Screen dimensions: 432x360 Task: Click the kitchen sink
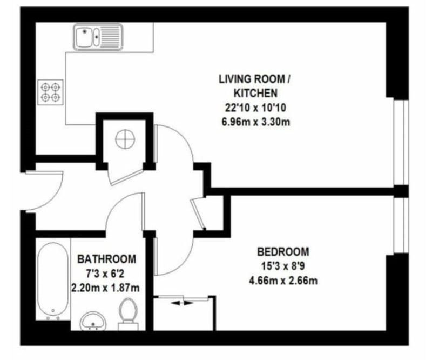pyautogui.click(x=98, y=37)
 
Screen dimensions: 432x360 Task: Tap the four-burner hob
pyautogui.click(x=50, y=92)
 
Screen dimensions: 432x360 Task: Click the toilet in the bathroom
pyautogui.click(x=128, y=314)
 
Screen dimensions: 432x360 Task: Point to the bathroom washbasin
pyautogui.click(x=93, y=321)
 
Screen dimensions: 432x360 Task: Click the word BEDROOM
pyautogui.click(x=283, y=252)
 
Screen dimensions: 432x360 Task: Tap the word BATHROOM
pyautogui.click(x=106, y=259)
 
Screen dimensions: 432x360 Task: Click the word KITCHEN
pyautogui.click(x=255, y=93)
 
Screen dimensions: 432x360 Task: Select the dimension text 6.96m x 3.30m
pyautogui.click(x=256, y=122)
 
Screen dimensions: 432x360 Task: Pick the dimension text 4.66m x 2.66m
pyautogui.click(x=283, y=281)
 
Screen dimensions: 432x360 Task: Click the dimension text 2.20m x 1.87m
pyautogui.click(x=105, y=288)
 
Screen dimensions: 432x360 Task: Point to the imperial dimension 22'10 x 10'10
pyautogui.click(x=255, y=108)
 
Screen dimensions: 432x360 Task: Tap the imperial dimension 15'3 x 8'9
pyautogui.click(x=283, y=266)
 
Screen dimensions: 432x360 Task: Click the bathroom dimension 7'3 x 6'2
pyautogui.click(x=105, y=274)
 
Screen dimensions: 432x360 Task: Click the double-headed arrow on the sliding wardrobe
pyautogui.click(x=182, y=303)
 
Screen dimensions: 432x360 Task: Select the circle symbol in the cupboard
pyautogui.click(x=125, y=139)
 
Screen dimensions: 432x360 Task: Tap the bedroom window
pyautogui.click(x=401, y=225)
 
